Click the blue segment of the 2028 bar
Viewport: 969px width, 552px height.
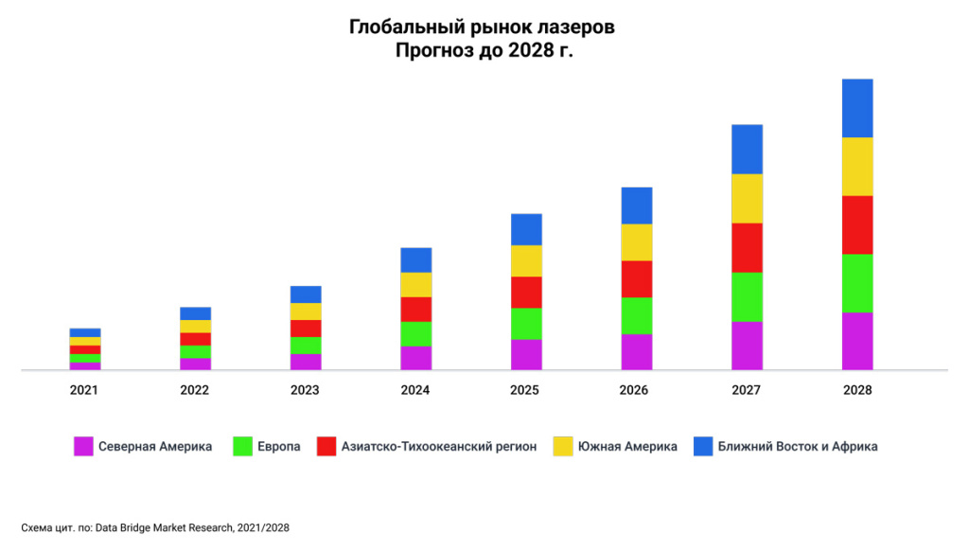click(857, 108)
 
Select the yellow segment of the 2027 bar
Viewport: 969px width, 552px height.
click(747, 198)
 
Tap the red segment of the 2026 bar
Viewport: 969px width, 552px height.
click(637, 278)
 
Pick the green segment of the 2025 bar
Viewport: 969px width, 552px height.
click(526, 324)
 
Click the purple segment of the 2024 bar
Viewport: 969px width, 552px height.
click(415, 358)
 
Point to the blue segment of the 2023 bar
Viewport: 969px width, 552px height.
click(306, 294)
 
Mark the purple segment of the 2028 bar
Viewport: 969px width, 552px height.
click(857, 341)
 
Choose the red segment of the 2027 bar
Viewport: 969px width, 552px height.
click(747, 247)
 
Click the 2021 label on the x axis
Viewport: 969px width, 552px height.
click(84, 390)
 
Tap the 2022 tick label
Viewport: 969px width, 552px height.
click(195, 390)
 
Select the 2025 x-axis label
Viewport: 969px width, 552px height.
click(526, 390)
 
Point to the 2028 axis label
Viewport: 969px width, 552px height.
click(857, 390)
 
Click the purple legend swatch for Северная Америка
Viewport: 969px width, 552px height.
click(83, 446)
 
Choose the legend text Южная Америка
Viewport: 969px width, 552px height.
click(627, 446)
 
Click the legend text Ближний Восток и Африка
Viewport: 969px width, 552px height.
click(798, 446)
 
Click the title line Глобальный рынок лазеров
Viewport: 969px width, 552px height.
click(483, 27)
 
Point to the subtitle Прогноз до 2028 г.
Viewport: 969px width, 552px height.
click(484, 51)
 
